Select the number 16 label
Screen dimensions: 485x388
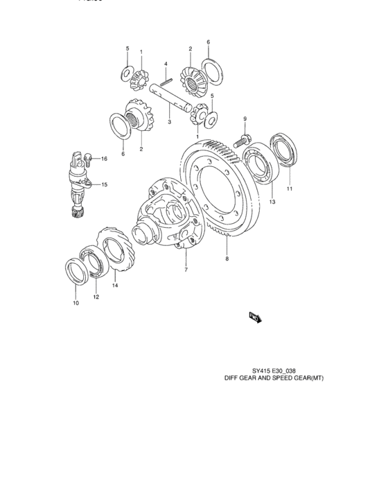pos(104,159)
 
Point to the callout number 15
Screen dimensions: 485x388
pos(105,184)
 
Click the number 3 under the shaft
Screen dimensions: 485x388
pos(169,122)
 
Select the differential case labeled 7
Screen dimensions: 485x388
pos(166,212)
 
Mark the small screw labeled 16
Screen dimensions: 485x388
pos(89,159)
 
